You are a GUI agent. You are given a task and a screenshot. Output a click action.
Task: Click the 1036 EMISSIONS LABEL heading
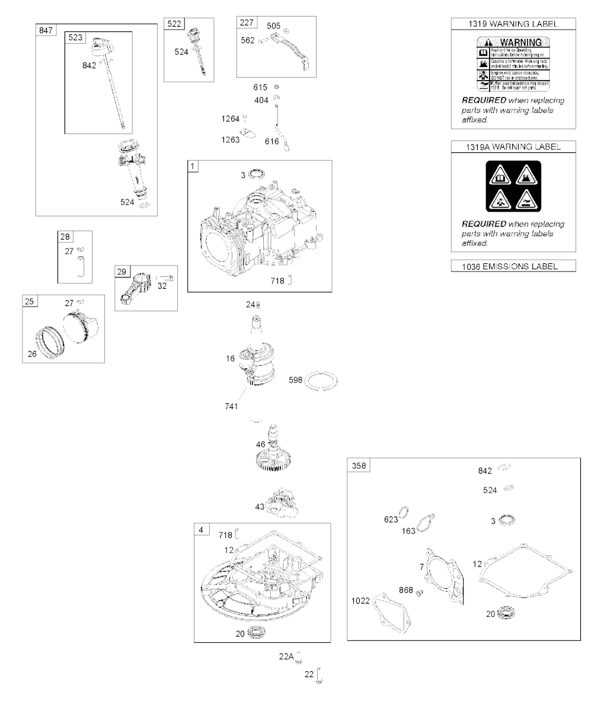tap(513, 266)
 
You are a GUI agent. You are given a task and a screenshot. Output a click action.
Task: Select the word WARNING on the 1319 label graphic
tap(520, 42)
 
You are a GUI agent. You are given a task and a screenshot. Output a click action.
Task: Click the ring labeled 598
tap(323, 381)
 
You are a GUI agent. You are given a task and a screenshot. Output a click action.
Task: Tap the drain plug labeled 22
tap(320, 675)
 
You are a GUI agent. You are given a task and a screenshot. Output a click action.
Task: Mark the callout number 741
tap(231, 406)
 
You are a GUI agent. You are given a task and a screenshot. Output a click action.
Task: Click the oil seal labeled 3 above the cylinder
tap(257, 175)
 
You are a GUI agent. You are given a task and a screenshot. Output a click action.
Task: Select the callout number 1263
tap(230, 140)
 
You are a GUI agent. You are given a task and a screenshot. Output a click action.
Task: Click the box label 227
tap(247, 23)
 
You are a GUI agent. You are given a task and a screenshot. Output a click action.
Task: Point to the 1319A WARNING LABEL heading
tap(513, 146)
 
